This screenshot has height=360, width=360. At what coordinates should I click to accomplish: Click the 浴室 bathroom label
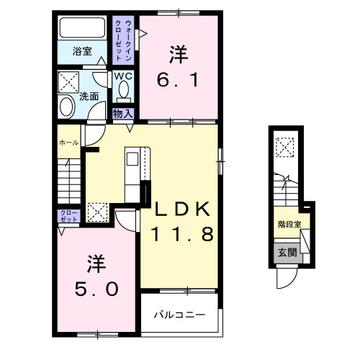click(82, 52)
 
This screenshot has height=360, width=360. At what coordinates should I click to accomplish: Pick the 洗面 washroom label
click(89, 96)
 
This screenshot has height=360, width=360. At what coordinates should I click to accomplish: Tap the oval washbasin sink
click(67, 106)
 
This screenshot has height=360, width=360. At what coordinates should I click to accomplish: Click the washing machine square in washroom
click(68, 80)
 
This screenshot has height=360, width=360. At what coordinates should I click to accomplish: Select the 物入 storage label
click(122, 112)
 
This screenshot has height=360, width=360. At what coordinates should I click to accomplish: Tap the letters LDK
click(181, 210)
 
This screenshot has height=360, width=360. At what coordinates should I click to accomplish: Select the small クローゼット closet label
click(66, 217)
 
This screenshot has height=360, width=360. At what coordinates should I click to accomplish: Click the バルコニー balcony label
click(179, 315)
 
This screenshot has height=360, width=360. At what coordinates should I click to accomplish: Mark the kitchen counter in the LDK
click(135, 173)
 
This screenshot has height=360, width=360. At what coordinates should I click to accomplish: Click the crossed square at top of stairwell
click(285, 146)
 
